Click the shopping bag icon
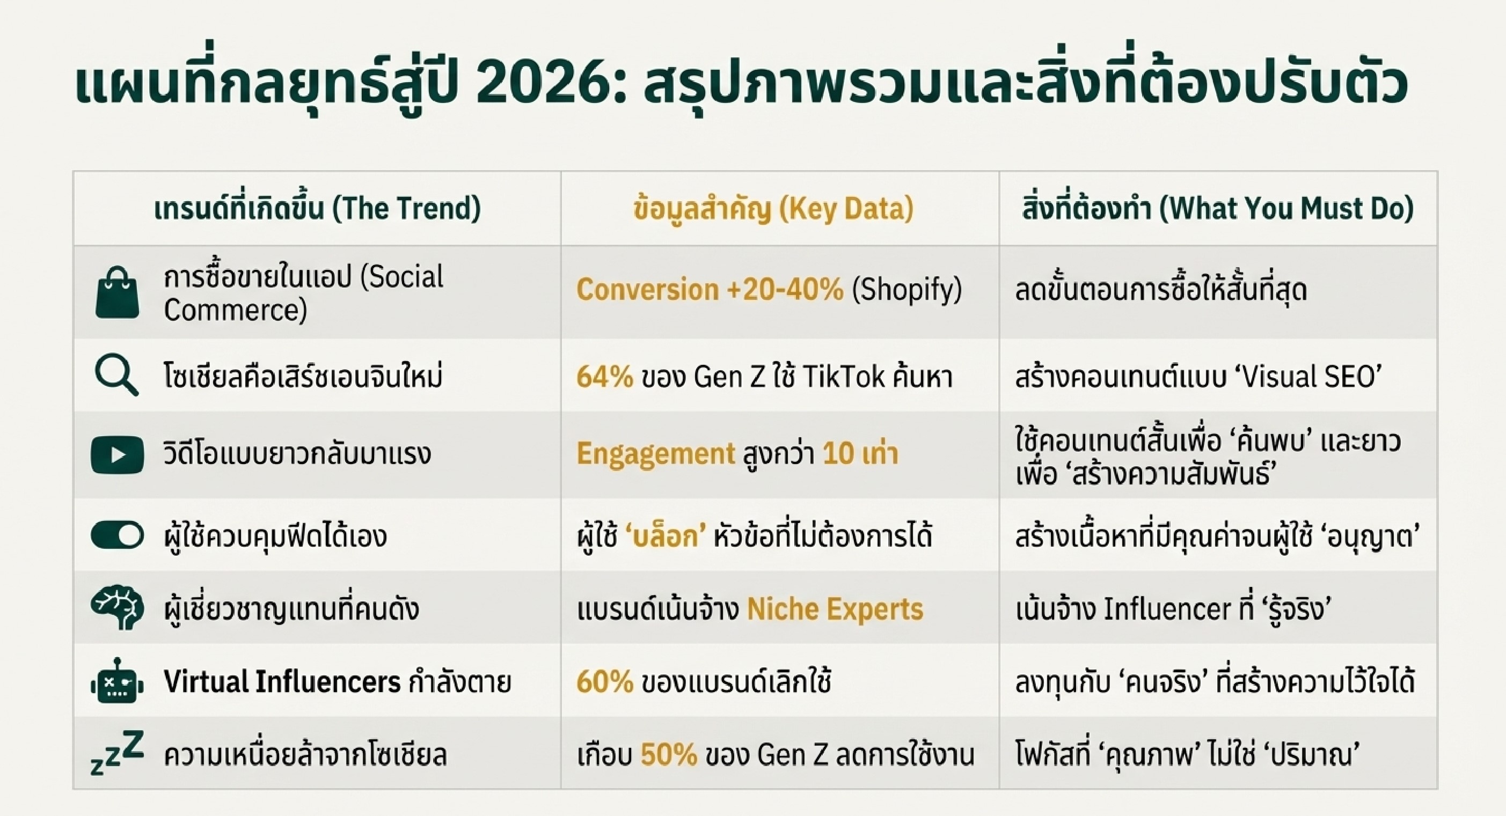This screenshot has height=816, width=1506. click(x=117, y=293)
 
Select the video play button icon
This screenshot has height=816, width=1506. click(x=117, y=455)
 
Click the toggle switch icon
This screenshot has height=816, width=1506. click(x=117, y=535)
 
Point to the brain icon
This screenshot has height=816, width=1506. click(x=117, y=608)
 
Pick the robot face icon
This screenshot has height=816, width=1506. click(x=117, y=680)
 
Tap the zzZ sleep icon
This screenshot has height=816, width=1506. click(x=117, y=753)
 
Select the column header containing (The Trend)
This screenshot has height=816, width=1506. click(x=317, y=209)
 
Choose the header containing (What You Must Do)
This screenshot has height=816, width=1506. click(x=1218, y=209)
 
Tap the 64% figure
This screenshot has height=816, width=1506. click(x=604, y=377)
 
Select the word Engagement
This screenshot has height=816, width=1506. click(x=655, y=454)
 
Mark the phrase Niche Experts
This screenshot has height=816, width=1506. click(x=836, y=609)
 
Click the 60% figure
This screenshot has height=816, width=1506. click(x=604, y=681)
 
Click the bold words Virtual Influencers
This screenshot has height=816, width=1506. click(x=282, y=681)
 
